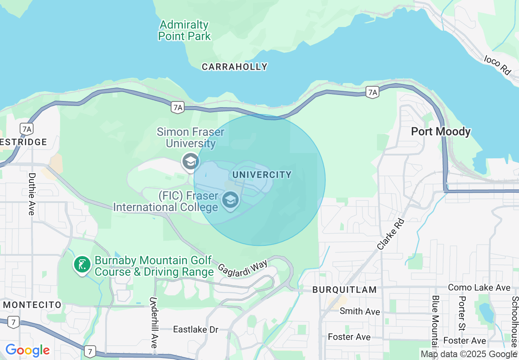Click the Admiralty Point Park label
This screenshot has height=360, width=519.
(x=184, y=31)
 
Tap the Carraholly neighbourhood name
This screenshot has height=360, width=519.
(x=235, y=67)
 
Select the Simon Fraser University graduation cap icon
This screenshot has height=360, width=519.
(x=190, y=161)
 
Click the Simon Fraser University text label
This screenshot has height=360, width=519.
(x=191, y=138)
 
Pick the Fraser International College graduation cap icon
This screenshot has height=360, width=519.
(x=230, y=200)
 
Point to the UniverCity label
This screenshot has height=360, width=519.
(x=262, y=175)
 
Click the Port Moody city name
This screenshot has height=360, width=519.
(x=441, y=132)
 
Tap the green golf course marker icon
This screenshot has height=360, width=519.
(x=82, y=264)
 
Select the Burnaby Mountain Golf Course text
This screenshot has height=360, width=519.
(x=153, y=266)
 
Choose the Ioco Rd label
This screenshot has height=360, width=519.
(x=498, y=65)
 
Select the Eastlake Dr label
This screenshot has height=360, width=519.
(x=196, y=329)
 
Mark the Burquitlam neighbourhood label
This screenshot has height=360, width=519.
(x=344, y=290)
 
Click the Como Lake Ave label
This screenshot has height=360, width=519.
(x=479, y=288)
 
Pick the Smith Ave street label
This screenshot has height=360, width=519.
(x=360, y=311)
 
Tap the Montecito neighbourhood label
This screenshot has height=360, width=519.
(x=32, y=305)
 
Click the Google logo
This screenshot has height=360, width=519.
(x=27, y=350)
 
